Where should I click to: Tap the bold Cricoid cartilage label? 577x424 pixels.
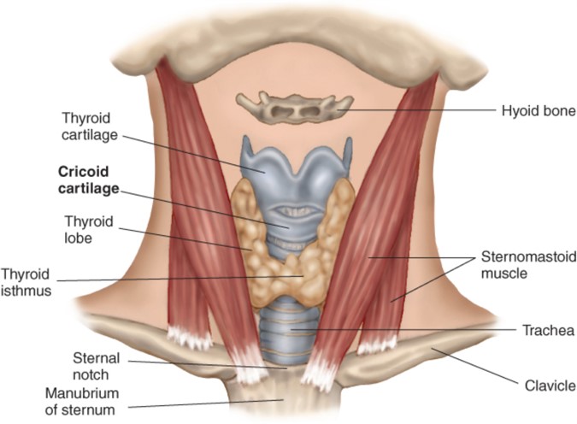[86, 180]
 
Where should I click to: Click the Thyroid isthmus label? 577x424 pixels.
[26, 282]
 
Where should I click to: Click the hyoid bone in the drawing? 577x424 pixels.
[295, 107]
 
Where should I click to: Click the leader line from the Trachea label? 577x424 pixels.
[410, 329]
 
